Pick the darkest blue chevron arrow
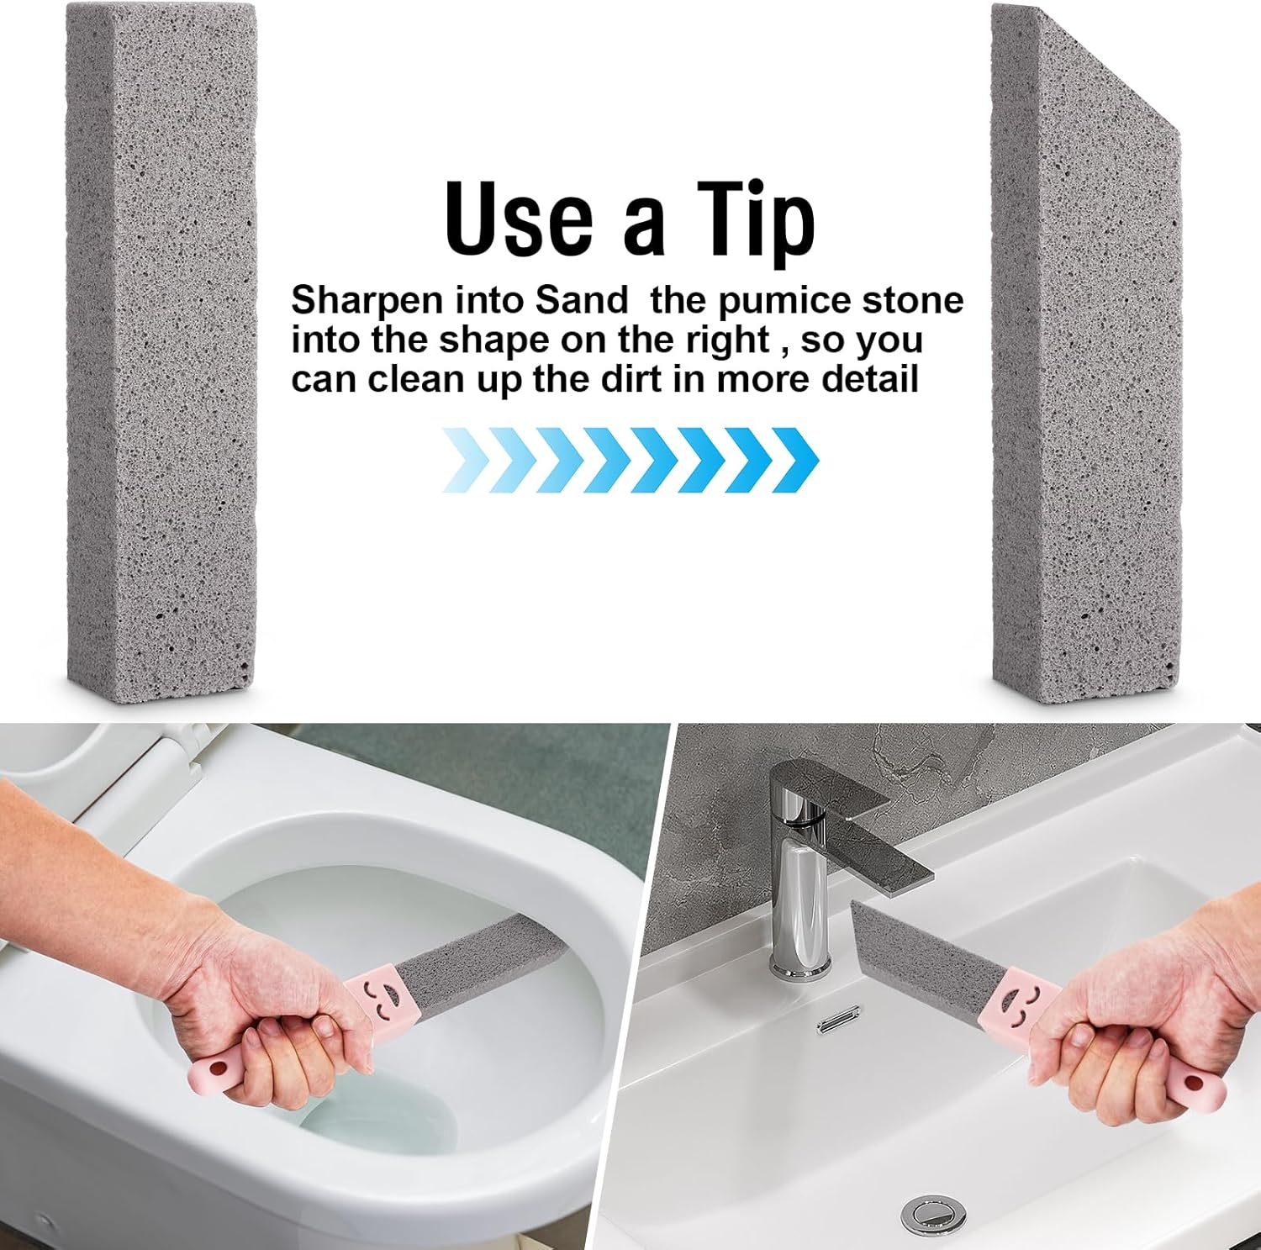click(x=794, y=460)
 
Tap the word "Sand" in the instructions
click(x=583, y=301)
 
